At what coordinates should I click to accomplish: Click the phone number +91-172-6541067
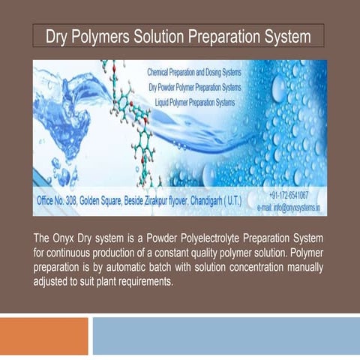(x=292, y=194)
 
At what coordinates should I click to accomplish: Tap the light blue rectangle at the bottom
(x=225, y=335)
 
